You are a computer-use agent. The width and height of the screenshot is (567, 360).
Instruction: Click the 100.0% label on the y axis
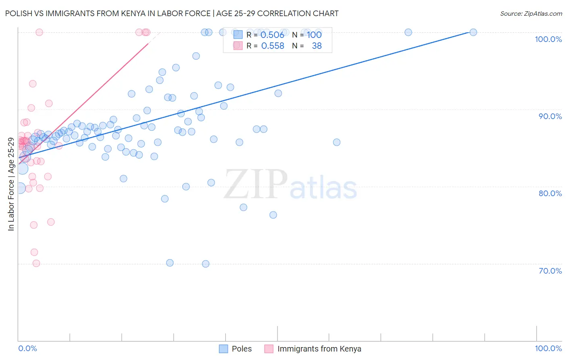(x=548, y=39)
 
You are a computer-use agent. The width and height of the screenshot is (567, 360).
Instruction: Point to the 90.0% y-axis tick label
(x=550, y=116)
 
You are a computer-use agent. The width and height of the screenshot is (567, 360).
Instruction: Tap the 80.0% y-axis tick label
(x=550, y=193)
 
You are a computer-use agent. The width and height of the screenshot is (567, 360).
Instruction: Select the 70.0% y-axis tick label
(x=550, y=271)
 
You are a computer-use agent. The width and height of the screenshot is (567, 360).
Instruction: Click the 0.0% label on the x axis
(x=27, y=348)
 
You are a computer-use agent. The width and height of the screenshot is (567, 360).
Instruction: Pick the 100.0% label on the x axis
(x=548, y=348)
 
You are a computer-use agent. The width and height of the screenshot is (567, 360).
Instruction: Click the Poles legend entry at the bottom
(x=236, y=349)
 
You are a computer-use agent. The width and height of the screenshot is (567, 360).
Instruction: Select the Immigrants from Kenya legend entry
(x=313, y=349)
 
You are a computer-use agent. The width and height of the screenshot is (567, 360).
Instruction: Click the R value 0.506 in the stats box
(x=273, y=35)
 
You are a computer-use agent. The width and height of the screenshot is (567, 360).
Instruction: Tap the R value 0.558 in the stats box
(x=273, y=46)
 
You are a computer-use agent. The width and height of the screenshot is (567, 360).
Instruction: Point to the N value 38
(x=317, y=46)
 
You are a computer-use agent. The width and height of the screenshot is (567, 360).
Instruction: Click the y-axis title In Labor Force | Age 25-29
(x=11, y=184)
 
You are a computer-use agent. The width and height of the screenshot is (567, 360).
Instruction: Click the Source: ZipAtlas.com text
(x=531, y=14)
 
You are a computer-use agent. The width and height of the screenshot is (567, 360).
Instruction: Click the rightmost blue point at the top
(x=473, y=32)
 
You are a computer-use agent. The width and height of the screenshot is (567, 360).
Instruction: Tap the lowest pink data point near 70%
(x=36, y=264)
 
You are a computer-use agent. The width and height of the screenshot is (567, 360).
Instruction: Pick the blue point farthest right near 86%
(x=337, y=142)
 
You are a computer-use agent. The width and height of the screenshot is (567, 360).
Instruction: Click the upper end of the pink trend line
(x=148, y=43)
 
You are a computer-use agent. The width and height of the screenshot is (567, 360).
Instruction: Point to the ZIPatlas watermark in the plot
(x=290, y=184)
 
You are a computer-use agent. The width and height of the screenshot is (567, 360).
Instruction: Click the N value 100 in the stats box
(x=314, y=35)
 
